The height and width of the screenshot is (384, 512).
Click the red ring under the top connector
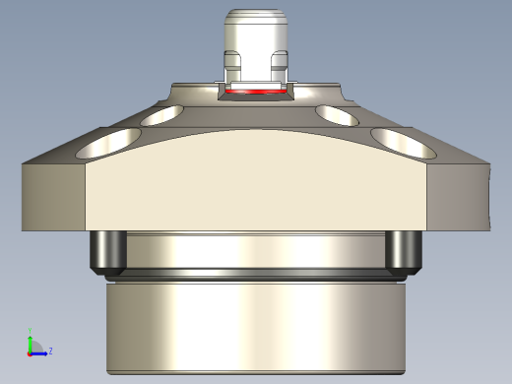tap(256, 92)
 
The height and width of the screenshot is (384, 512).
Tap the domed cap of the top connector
tap(256, 18)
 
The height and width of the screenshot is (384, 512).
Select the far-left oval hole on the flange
tap(105, 146)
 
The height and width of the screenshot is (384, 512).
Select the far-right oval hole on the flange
tap(405, 145)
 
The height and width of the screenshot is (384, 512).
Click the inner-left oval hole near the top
tap(163, 115)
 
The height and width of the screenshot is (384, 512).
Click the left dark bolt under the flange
tap(106, 252)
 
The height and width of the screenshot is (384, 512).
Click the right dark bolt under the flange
tap(402, 252)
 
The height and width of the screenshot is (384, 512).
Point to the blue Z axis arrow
tap(40, 352)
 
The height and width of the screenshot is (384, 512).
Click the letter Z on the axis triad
tap(50, 351)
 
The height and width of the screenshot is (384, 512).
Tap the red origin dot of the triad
tap(30, 352)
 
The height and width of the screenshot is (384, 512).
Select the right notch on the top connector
tap(279, 68)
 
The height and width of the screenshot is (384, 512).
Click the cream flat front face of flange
tap(256, 187)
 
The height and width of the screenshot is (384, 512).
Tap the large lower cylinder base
tap(256, 325)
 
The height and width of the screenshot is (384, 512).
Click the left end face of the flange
tap(54, 197)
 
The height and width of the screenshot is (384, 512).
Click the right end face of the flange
tap(458, 197)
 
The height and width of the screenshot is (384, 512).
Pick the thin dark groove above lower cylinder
tap(256, 272)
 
